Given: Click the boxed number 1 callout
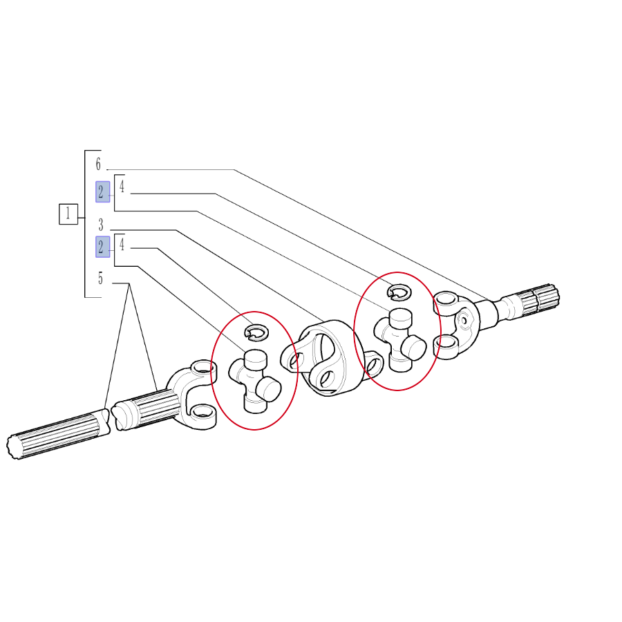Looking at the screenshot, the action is coord(68,214).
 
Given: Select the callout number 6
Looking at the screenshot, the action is coord(98,164).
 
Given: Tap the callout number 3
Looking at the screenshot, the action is coord(101,225).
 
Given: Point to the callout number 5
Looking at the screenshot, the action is coord(100,278).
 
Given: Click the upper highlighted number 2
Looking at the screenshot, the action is coord(103,192).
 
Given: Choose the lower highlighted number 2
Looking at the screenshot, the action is coord(103,247).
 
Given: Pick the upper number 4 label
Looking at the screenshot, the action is coord(122,187).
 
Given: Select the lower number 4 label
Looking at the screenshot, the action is coord(122,245).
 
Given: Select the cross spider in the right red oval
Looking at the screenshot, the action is coord(400,340).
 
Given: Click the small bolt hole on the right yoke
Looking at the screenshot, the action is coord(463,319).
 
